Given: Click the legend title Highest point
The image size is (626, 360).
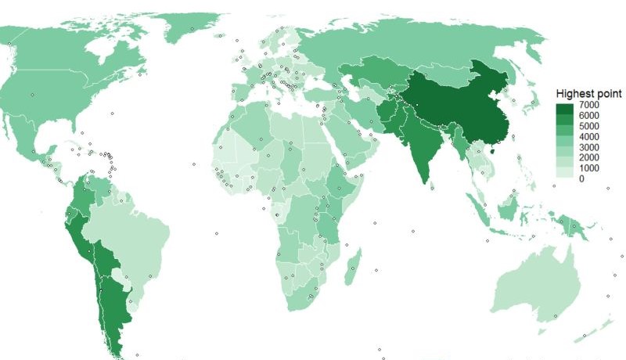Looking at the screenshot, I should [x=588, y=92].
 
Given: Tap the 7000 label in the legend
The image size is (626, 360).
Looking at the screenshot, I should [x=588, y=105].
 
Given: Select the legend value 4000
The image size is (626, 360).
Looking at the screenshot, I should [x=588, y=136].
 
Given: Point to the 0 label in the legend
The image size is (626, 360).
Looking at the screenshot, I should [x=581, y=178].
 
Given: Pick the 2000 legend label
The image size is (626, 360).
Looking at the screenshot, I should [x=588, y=157].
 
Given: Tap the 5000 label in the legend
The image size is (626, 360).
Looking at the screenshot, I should [x=588, y=126].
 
